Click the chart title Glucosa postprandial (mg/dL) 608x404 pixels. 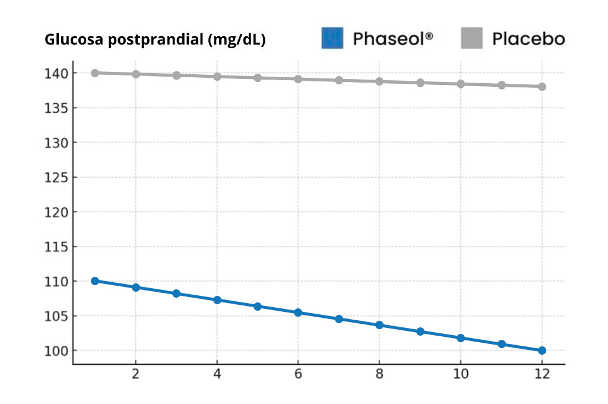155,40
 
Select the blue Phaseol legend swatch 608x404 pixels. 332,38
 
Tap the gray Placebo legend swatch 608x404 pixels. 473,38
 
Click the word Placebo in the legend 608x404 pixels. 528,39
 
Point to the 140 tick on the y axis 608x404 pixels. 58,73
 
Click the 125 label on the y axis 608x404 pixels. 58,177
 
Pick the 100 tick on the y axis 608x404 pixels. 58,351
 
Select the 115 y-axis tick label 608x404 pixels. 58,247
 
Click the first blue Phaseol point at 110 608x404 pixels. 95,281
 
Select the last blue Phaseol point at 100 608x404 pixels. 542,351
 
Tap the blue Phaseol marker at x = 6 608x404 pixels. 298,313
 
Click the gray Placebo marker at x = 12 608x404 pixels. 542,87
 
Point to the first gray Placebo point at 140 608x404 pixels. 95,73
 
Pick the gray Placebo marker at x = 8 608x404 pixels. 379,81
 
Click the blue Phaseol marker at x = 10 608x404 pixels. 461,338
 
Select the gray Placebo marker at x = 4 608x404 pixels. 217,77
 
